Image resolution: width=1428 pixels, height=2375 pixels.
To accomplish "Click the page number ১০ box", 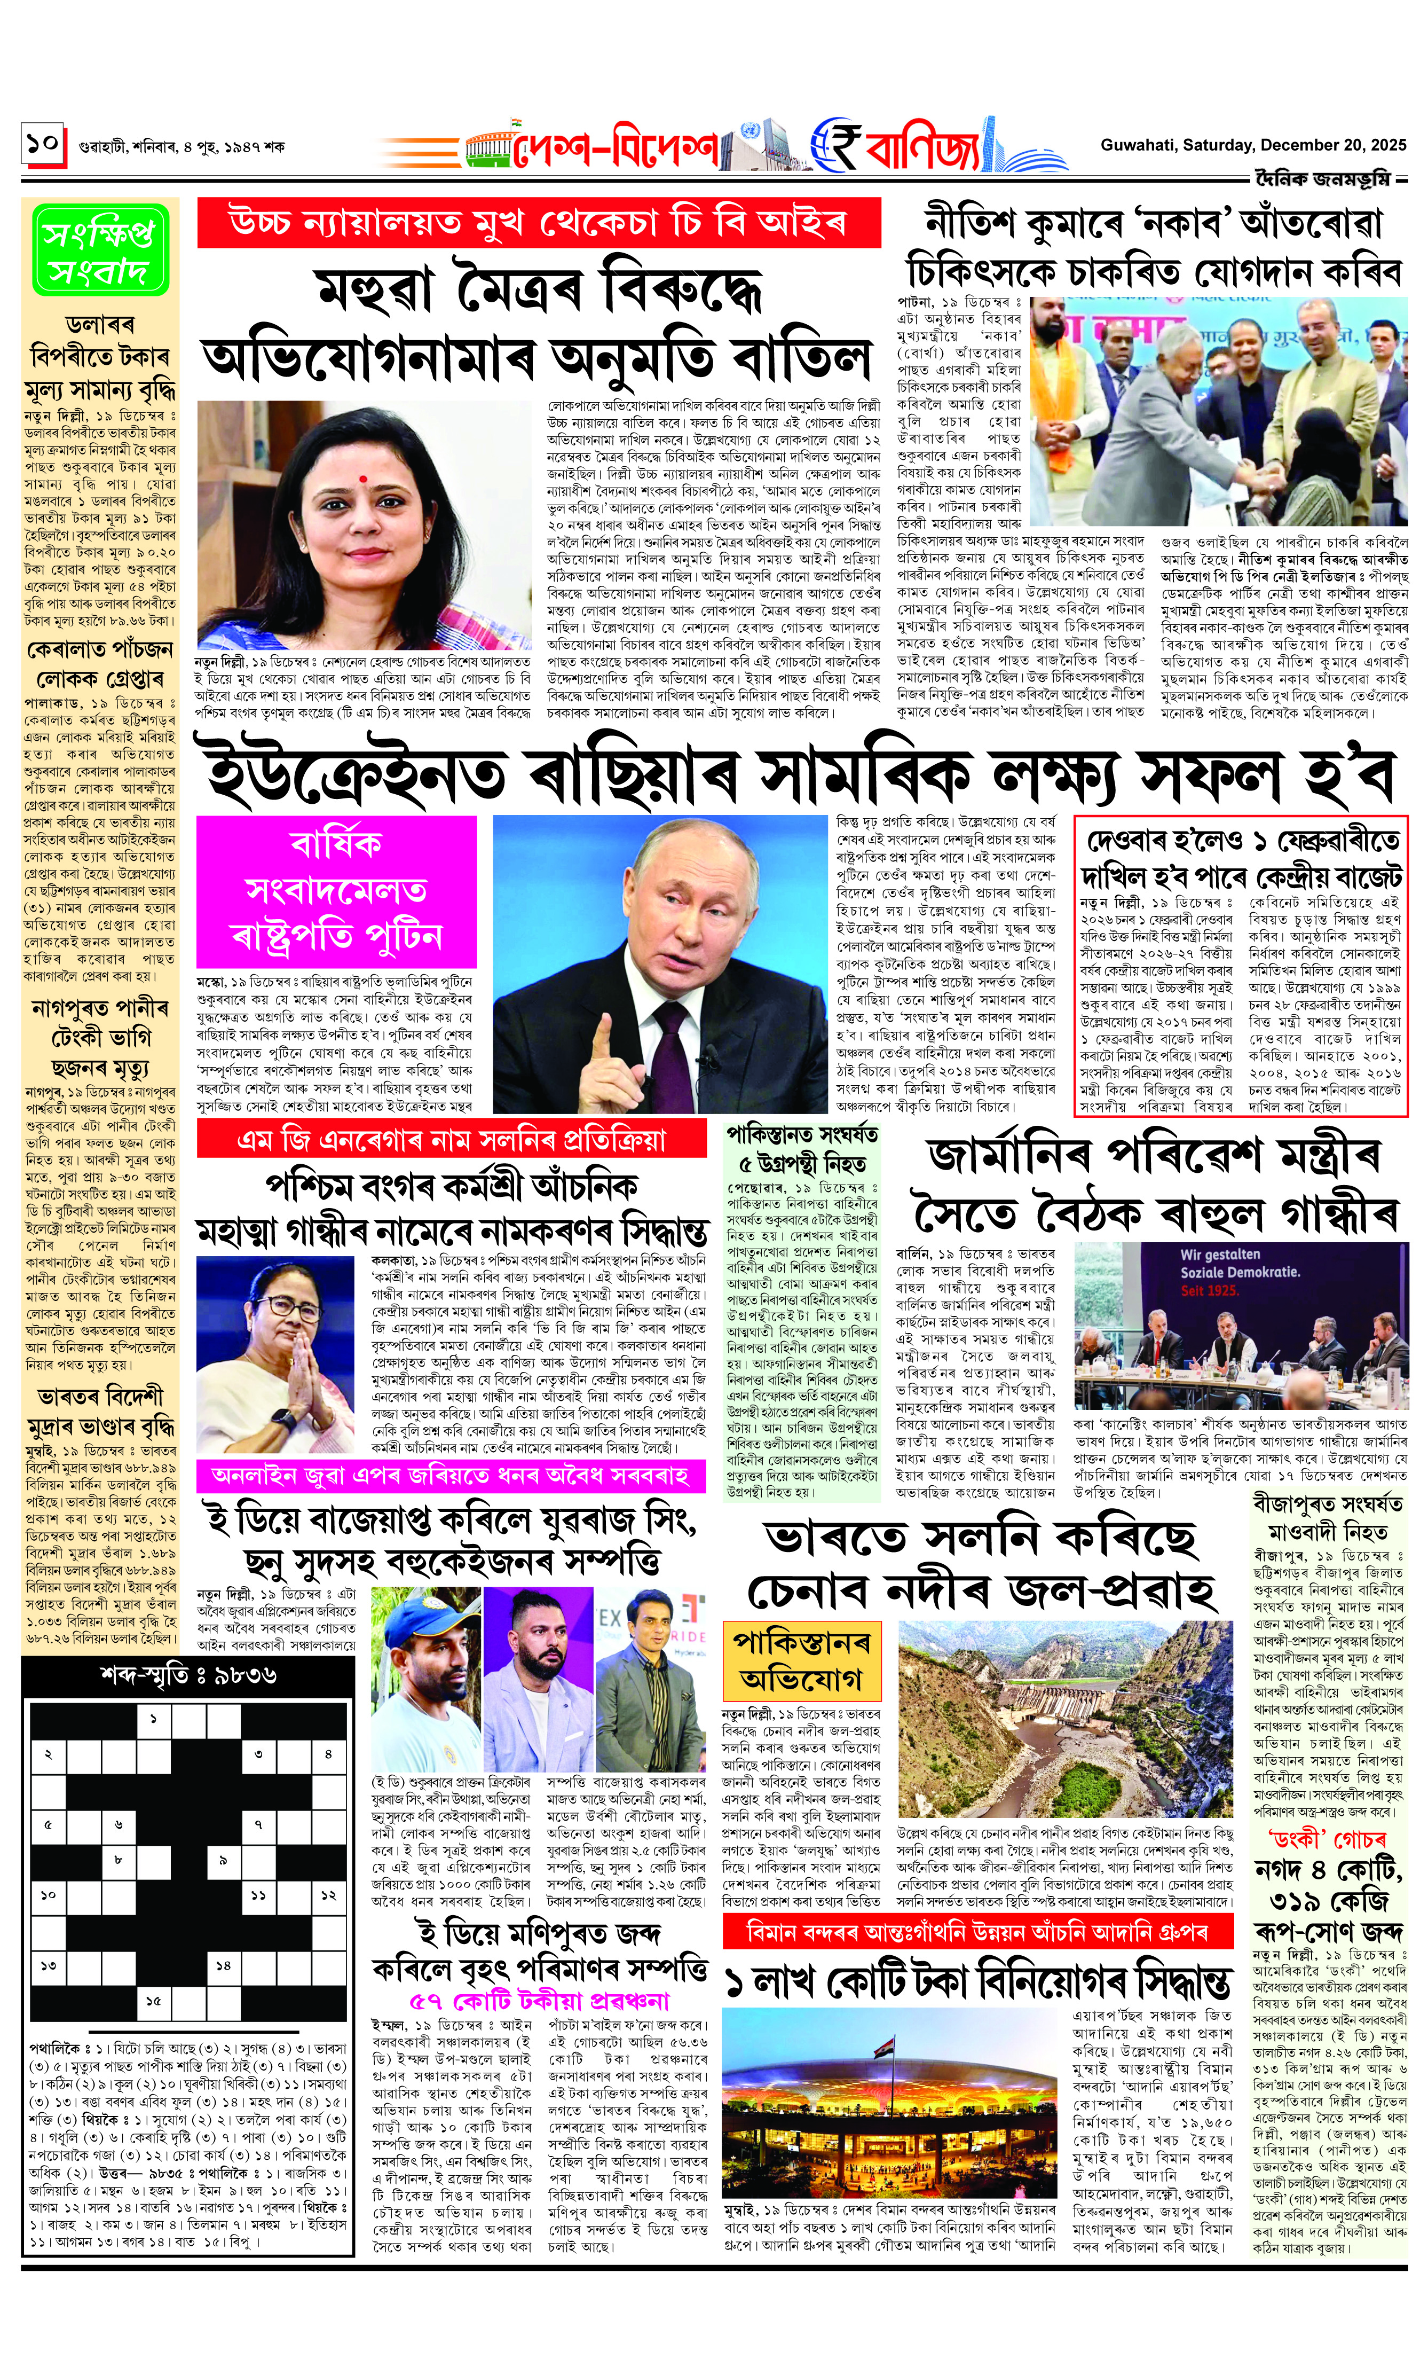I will pos(42,144).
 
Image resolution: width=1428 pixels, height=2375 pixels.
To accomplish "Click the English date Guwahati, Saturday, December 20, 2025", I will pos(1253,145).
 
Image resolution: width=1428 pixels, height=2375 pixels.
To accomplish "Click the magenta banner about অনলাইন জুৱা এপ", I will pos(451,1475).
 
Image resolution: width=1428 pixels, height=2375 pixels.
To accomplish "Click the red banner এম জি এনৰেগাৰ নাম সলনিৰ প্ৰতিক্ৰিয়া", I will pos(451,1141).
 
